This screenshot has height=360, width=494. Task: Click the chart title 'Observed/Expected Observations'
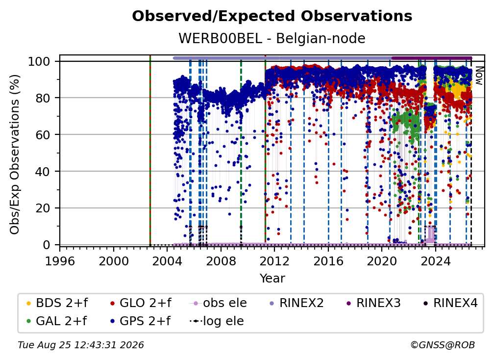[272, 16]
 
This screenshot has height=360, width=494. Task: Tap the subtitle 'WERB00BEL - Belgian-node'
[272, 38]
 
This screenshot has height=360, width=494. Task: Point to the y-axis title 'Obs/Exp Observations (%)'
[15, 154]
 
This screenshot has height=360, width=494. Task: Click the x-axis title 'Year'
[272, 279]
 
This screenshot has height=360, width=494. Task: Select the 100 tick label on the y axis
[39, 61]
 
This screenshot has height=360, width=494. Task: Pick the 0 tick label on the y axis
[47, 245]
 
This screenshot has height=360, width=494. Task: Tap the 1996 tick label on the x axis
[60, 261]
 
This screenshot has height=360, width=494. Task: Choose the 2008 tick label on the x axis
[221, 261]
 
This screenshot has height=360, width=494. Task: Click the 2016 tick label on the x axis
[328, 261]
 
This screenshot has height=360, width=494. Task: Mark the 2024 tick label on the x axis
[436, 261]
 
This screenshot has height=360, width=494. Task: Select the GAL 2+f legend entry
[57, 321]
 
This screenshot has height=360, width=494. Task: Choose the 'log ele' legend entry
[217, 321]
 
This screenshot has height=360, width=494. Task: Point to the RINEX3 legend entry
[373, 303]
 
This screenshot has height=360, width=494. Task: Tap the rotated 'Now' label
[479, 76]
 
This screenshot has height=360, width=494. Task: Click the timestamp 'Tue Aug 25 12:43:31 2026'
[81, 345]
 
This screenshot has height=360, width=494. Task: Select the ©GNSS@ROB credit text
[443, 345]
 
